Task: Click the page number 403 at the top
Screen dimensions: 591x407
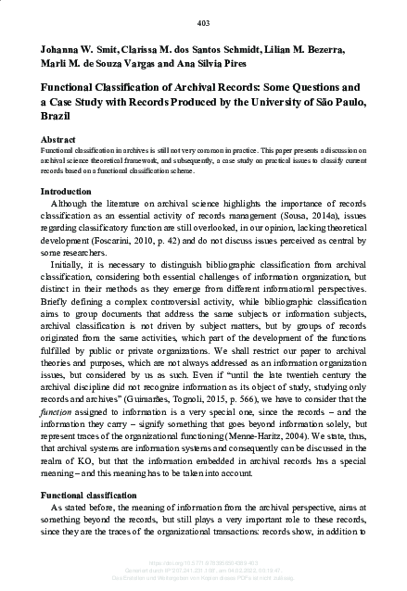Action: click(x=203, y=22)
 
